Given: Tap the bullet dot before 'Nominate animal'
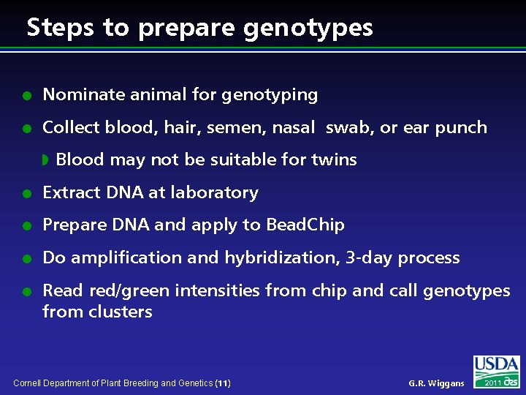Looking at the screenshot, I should coord(26,95).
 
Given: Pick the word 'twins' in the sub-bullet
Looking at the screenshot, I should coord(335,159).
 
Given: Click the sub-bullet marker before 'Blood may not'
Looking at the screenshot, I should coord(45,159).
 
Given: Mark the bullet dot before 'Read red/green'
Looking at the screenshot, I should coord(26,291).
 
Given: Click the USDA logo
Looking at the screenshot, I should coord(497,366).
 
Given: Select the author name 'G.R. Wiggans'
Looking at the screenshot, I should coord(436,383).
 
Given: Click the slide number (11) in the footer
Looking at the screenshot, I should coord(224,383).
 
